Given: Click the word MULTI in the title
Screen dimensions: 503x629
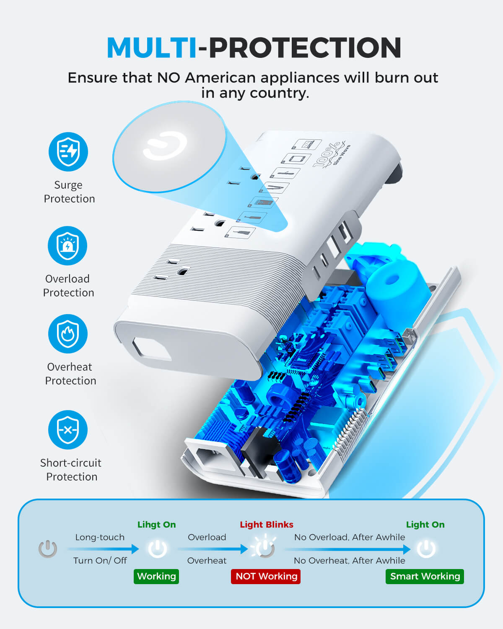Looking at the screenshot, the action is (x=152, y=47).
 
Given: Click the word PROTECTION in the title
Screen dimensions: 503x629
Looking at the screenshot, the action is (x=305, y=47).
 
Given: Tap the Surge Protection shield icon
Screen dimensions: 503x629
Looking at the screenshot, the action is (x=68, y=152).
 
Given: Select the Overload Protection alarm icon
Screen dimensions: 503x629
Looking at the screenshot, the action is (x=67, y=246).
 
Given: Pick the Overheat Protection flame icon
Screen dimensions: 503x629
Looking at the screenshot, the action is (x=68, y=334).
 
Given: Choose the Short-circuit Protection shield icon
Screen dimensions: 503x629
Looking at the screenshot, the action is (x=68, y=430).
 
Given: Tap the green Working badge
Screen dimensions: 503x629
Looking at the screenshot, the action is (x=156, y=576).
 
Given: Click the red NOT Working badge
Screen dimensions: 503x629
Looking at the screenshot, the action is (x=266, y=576).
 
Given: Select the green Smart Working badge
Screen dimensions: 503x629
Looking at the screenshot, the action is (x=425, y=576).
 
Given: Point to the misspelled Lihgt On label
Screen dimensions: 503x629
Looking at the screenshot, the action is (x=157, y=524).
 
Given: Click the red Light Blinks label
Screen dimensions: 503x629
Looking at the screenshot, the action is (x=267, y=524).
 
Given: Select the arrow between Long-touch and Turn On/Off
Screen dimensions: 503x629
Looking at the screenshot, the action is (x=103, y=549).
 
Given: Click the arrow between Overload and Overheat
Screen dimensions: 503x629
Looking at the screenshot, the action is (x=213, y=549).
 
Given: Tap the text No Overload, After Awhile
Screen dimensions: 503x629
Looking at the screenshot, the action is (x=350, y=537).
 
